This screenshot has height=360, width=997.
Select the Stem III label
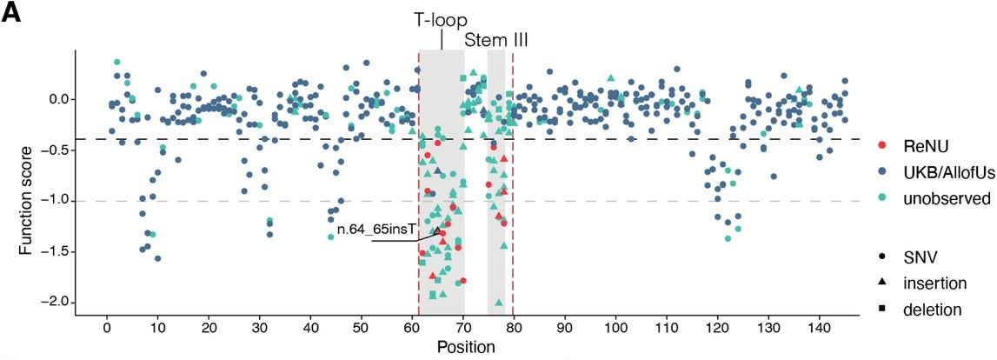coord(496,40)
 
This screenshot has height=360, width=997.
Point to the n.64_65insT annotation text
coord(376,230)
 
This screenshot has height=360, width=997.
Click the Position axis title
coord(467,347)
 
